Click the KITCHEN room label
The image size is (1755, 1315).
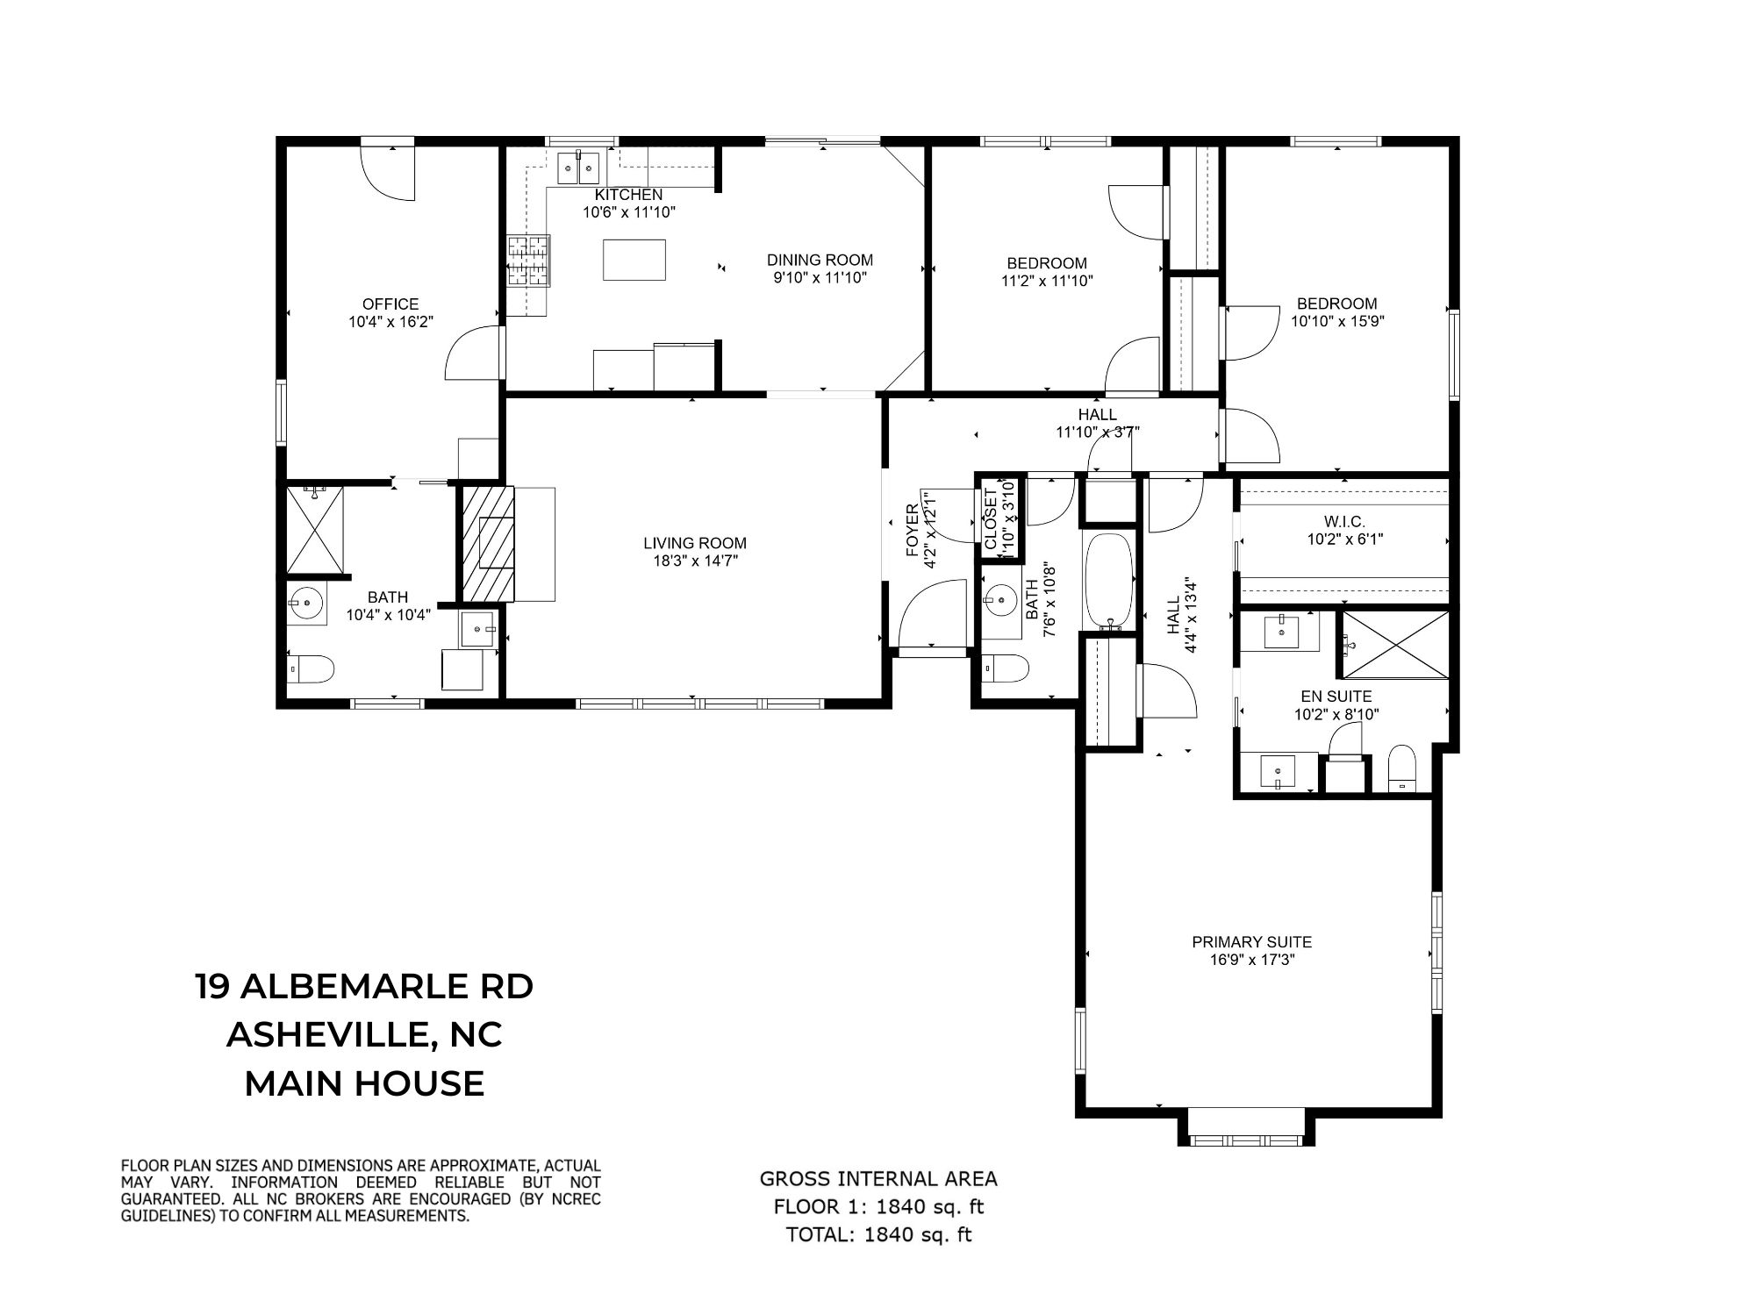pyautogui.click(x=628, y=195)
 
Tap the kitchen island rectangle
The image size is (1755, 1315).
pyautogui.click(x=634, y=260)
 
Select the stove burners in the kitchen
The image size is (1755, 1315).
pyautogui.click(x=528, y=261)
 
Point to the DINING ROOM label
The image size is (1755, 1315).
pyautogui.click(x=820, y=260)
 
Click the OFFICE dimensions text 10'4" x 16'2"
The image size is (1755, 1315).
pyautogui.click(x=390, y=322)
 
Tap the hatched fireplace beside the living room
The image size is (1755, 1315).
pyautogui.click(x=485, y=544)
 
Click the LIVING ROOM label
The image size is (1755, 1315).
pyautogui.click(x=694, y=543)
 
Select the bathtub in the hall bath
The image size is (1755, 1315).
pyautogui.click(x=1110, y=580)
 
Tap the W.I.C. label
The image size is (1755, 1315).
pyautogui.click(x=1344, y=521)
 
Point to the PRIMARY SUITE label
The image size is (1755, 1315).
pyautogui.click(x=1251, y=942)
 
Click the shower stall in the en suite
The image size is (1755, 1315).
pyautogui.click(x=1395, y=645)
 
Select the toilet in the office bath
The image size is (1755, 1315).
pyautogui.click(x=311, y=669)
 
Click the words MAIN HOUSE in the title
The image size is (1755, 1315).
pyautogui.click(x=364, y=1084)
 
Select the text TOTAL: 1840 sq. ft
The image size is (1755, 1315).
pyautogui.click(x=878, y=1235)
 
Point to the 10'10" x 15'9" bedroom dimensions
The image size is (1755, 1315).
pyautogui.click(x=1337, y=321)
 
